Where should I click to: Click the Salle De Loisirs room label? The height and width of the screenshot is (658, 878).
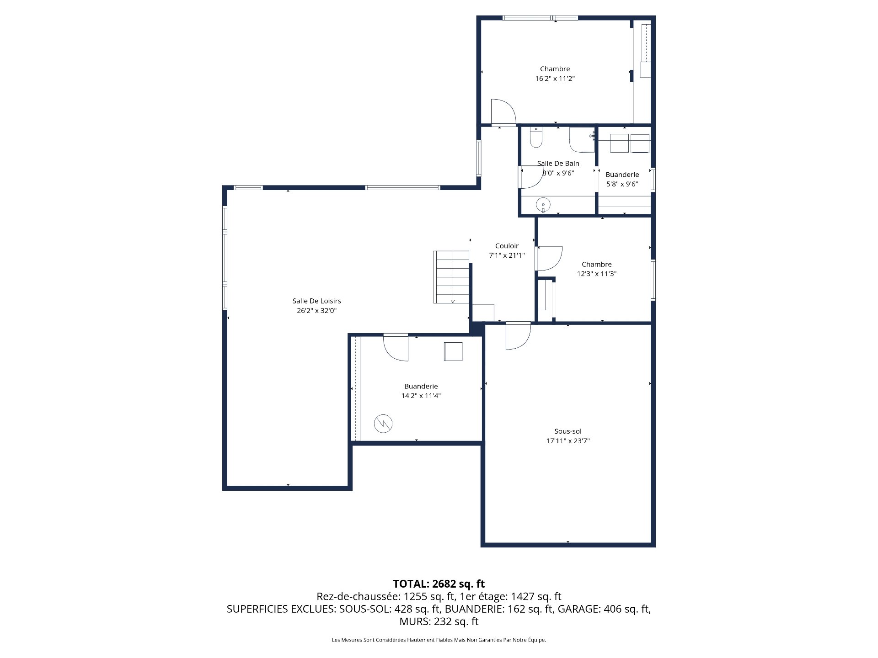[x=316, y=301]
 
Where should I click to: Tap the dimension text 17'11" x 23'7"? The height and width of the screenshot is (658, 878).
[x=568, y=441]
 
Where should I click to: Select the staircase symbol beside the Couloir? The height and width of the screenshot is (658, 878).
[x=451, y=277]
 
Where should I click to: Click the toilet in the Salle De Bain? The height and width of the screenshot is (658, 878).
[x=535, y=138]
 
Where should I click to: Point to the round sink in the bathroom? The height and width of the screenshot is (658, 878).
[x=543, y=204]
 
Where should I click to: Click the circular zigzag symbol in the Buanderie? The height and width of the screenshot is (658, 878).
[x=383, y=424]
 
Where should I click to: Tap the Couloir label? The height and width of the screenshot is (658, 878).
[x=507, y=246]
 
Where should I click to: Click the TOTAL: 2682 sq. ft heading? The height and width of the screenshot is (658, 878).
[x=439, y=584]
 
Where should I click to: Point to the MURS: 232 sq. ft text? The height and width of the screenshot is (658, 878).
[x=439, y=621]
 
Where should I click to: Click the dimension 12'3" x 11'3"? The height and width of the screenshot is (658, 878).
[x=596, y=274]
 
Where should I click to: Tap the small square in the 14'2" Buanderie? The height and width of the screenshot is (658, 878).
[x=453, y=351]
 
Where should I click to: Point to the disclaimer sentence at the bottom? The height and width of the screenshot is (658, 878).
[x=439, y=640]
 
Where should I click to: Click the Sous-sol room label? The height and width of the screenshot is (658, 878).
[x=568, y=431]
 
